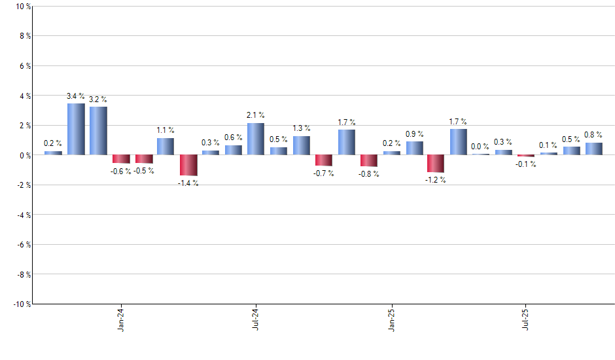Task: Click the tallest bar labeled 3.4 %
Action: point(76,129)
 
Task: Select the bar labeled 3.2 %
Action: point(98,131)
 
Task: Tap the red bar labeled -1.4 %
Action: point(188,165)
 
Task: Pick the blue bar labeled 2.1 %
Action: point(256,139)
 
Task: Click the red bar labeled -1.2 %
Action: point(436,164)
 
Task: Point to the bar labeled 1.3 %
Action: point(302,145)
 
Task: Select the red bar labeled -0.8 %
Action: point(369,160)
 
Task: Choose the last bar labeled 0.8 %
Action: point(594,149)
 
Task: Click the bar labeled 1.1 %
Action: point(166,147)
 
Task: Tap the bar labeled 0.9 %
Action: point(414,148)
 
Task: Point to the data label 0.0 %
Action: point(480,147)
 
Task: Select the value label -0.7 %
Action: point(323,173)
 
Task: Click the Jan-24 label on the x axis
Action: point(120,319)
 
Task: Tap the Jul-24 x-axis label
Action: point(255,319)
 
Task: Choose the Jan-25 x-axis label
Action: point(392,319)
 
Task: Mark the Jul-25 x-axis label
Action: point(526,319)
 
